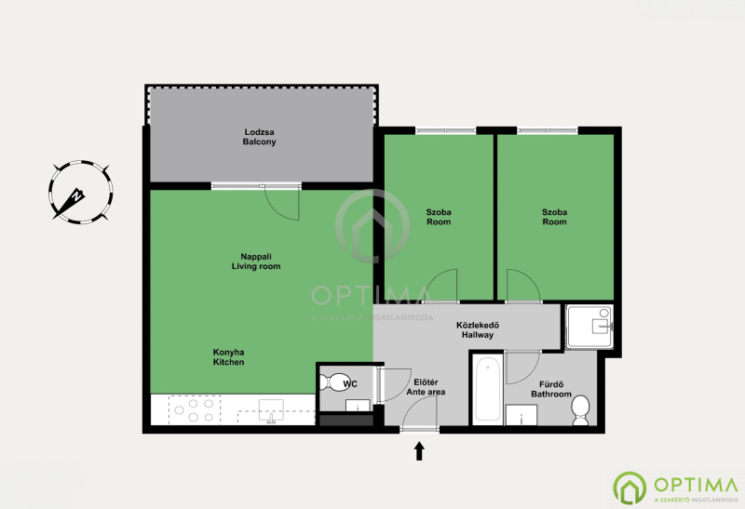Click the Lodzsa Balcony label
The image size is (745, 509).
(x=260, y=137)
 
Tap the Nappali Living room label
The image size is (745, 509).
(x=256, y=261)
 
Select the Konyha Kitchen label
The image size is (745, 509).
(x=228, y=357)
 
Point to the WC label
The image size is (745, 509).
(x=350, y=383)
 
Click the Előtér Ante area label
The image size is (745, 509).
(x=426, y=387)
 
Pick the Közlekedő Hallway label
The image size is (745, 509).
(x=478, y=330)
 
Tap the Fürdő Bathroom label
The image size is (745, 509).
(x=551, y=389)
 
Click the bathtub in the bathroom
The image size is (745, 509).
(x=487, y=389)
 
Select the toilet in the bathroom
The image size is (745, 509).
(x=580, y=410)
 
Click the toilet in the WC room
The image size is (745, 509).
(x=333, y=382)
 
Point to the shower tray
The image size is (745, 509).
(x=589, y=328)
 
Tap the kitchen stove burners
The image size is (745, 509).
(x=194, y=410)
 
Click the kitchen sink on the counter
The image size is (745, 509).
(x=271, y=410)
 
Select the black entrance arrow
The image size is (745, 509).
(x=419, y=451)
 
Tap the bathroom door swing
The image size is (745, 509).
(x=523, y=367)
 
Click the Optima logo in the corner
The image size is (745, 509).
(x=675, y=488)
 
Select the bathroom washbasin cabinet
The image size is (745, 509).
(x=521, y=415)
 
